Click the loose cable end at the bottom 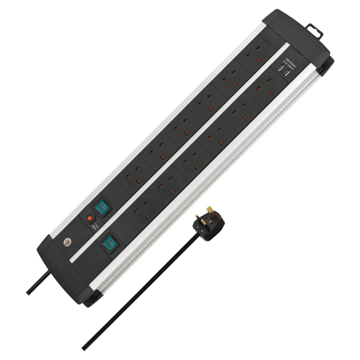(x=84, y=347)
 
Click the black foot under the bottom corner (x=93, y=297)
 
